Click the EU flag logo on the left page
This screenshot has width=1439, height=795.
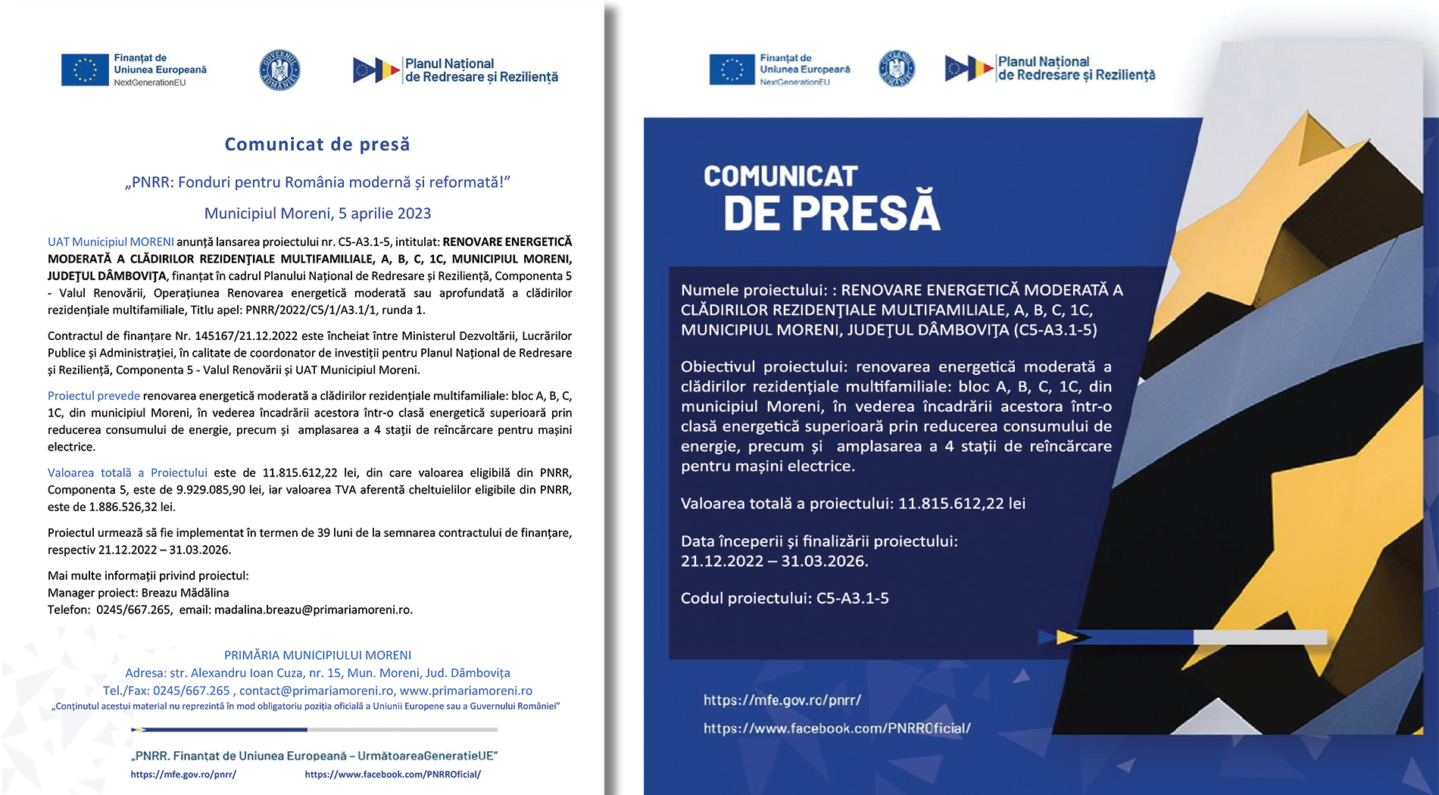85,70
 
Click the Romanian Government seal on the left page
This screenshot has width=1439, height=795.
279,70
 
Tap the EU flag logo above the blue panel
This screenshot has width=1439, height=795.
732,70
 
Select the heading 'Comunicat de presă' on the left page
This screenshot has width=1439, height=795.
317,144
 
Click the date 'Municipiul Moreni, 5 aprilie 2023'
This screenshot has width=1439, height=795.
317,214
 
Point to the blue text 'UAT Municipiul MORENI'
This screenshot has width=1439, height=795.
111,242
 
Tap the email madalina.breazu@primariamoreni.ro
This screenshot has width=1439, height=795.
313,610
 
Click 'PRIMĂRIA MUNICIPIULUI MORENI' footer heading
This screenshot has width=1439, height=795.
317,656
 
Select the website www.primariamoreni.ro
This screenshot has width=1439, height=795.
466,691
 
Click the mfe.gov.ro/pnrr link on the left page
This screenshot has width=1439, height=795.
183,775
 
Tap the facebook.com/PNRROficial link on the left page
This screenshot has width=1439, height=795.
392,775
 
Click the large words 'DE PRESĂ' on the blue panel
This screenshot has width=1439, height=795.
832,214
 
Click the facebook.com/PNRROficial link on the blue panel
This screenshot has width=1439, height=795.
837,728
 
